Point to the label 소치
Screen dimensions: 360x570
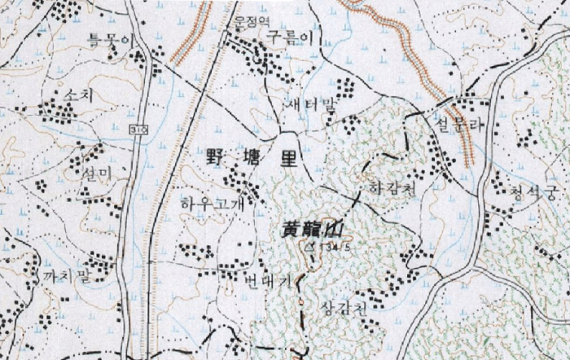77,96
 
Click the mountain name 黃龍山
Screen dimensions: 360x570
309,230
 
